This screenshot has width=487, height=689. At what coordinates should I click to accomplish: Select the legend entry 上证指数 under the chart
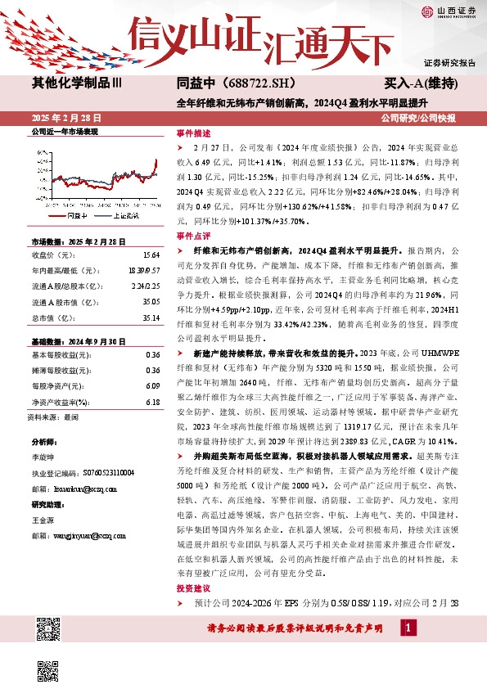(124, 214)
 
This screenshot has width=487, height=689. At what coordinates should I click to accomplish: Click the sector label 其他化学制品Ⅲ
(77, 83)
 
